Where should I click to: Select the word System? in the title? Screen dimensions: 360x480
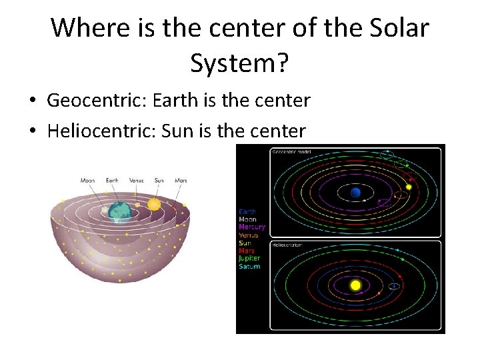239,63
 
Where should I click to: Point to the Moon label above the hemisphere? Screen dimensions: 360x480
88,181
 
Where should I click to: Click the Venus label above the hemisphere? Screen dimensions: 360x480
137,181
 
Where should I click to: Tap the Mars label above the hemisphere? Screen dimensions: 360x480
181,181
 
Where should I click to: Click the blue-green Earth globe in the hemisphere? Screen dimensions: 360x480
121,211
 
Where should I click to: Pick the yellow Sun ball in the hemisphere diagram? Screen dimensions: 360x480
154,204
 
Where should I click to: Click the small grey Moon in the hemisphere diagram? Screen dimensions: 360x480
105,210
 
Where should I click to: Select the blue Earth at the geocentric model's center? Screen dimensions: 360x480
355,193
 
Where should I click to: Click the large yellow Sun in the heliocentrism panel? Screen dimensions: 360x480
355,285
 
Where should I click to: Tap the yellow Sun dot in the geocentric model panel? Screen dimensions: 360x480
409,187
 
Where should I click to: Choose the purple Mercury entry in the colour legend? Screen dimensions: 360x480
252,227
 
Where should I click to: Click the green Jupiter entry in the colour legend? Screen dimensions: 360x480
249,259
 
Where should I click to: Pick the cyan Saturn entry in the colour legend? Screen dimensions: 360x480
249,267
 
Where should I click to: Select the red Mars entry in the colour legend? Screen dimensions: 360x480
247,251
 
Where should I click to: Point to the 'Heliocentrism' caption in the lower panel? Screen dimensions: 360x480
287,245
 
